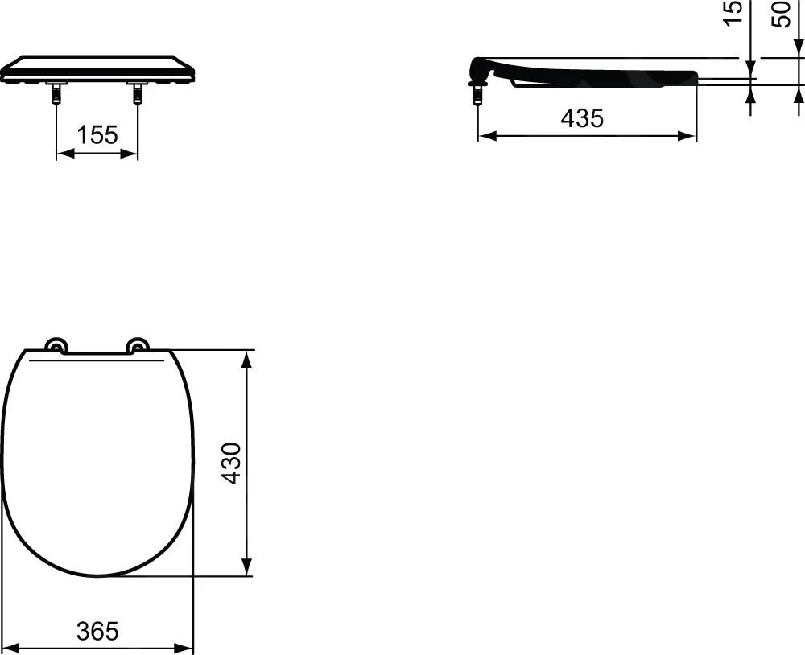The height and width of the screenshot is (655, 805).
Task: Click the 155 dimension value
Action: click(97, 135)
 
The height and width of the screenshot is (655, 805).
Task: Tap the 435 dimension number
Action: click(582, 118)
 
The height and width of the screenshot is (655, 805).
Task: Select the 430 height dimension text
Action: click(232, 463)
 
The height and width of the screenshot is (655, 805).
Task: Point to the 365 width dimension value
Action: click(97, 631)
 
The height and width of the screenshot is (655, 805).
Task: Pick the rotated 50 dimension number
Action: click(781, 14)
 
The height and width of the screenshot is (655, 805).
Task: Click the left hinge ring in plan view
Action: click(56, 345)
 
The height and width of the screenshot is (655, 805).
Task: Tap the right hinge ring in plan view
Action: click(138, 345)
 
